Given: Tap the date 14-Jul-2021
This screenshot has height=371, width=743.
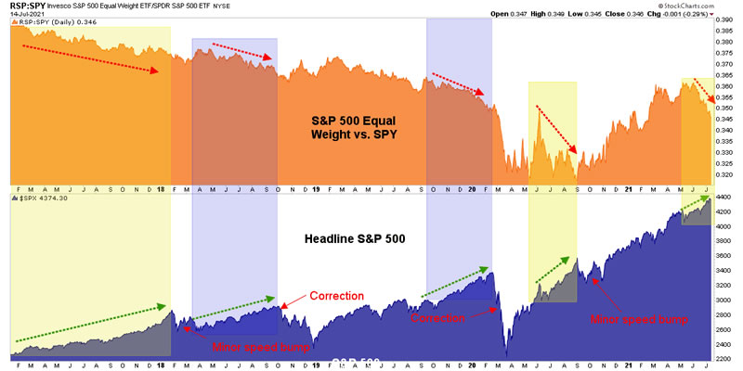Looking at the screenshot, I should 27,15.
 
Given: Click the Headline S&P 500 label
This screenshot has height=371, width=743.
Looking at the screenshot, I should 354,238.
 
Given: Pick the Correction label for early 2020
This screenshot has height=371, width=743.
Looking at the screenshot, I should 437,316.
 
